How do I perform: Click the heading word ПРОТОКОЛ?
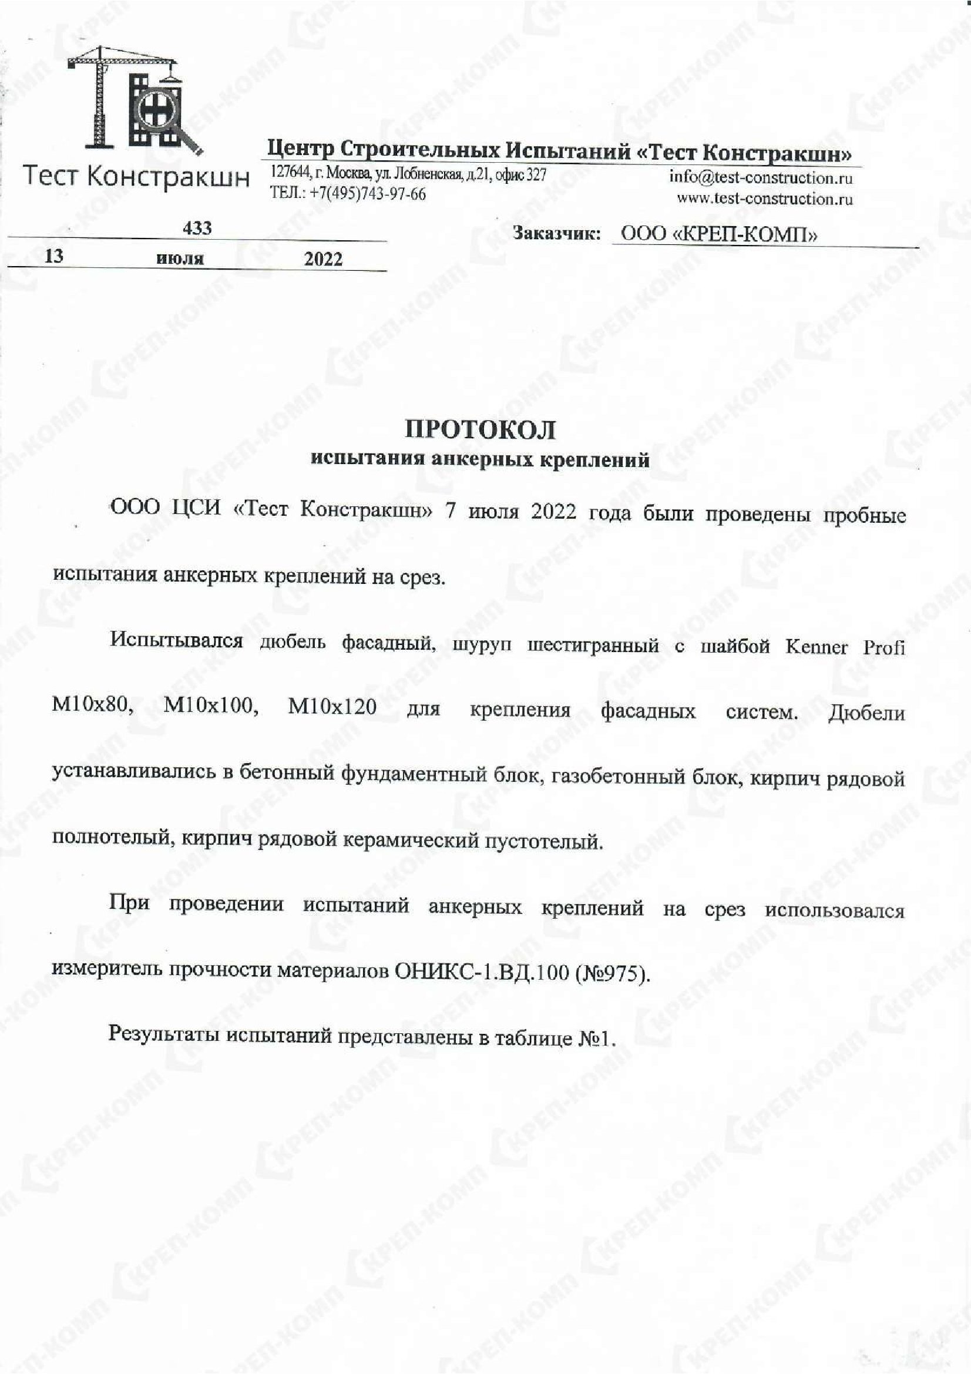coord(481,430)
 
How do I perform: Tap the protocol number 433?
coord(197,228)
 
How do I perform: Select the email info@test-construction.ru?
coord(761,178)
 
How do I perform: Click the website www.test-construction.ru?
coord(765,198)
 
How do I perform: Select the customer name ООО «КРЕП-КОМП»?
coord(718,234)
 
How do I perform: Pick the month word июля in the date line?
coord(180,258)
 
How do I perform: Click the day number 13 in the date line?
coord(54,256)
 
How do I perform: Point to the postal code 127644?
coord(290,173)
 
